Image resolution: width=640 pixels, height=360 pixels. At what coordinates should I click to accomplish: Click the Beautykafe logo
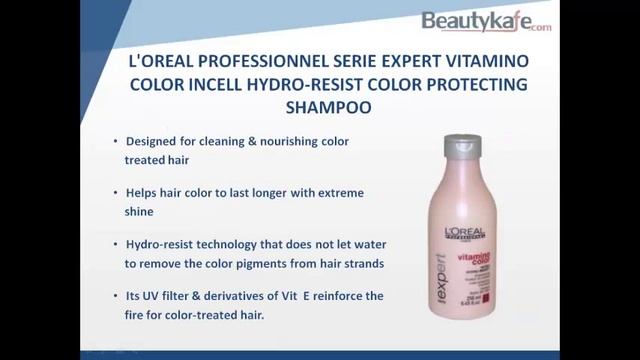pyautogui.click(x=485, y=21)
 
